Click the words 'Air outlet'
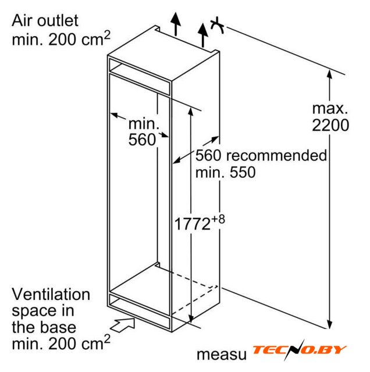point(45,21)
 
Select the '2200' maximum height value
point(330,125)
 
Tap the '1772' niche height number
point(193,224)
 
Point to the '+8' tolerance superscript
point(218,219)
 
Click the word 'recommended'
point(276,156)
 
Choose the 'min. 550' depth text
point(225,172)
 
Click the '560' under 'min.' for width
point(142,139)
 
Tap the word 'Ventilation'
point(51,294)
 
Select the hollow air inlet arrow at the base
point(123,324)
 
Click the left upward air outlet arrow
point(176,24)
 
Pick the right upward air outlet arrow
point(203,35)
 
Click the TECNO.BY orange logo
point(299,350)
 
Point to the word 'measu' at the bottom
point(222,355)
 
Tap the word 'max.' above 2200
point(330,109)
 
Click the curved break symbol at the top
point(218,26)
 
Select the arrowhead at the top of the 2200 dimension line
point(329,74)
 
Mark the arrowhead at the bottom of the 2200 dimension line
point(329,325)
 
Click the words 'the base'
point(44,327)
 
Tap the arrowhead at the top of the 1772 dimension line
point(191,111)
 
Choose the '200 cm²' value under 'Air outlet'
point(79,38)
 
